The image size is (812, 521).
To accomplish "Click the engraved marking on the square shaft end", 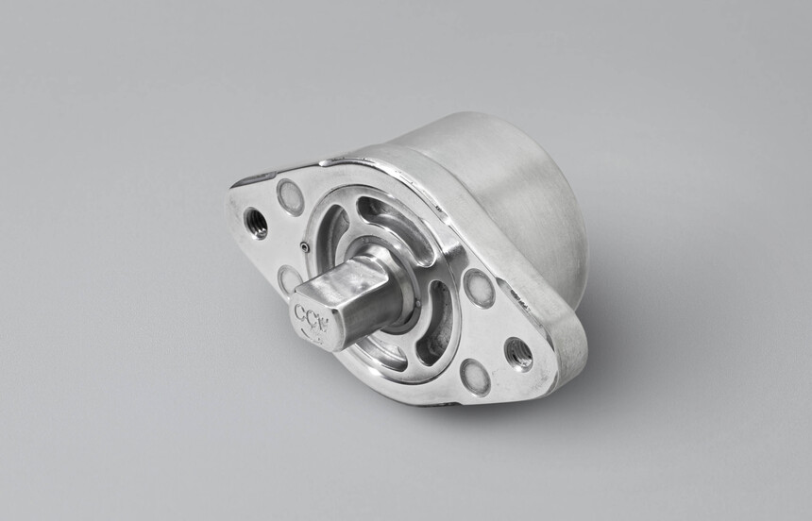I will [311, 314].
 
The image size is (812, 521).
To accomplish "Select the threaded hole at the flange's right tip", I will [517, 354].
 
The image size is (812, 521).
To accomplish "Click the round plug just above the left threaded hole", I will [290, 196].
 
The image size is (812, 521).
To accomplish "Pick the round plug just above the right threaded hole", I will [479, 288].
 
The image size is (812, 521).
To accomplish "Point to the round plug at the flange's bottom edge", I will [474, 377].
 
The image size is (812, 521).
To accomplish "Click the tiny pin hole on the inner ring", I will [304, 247].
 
